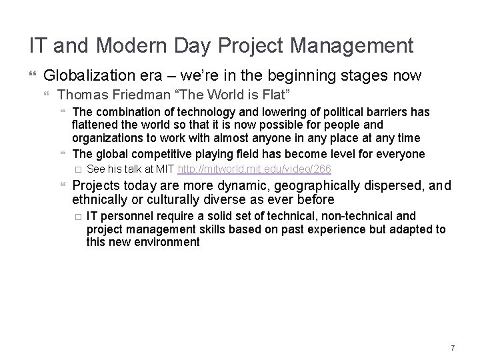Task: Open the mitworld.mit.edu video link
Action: pos(255,169)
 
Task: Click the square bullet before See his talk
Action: pos(77,169)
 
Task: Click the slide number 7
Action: pos(453,348)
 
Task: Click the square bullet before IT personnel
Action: pos(77,216)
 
